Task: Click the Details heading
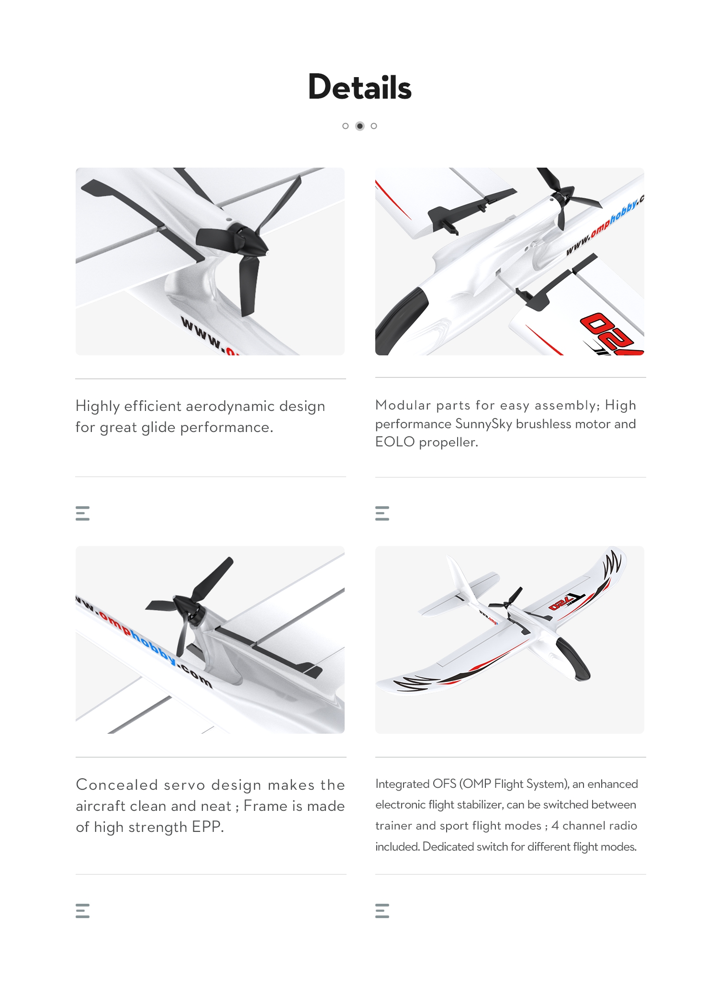click(x=359, y=87)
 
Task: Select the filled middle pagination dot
click(x=360, y=126)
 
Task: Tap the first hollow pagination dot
click(x=346, y=126)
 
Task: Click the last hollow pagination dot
click(x=374, y=126)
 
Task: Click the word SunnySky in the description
click(x=483, y=424)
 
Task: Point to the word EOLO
click(x=395, y=442)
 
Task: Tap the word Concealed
click(x=117, y=785)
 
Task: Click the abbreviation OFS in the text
click(x=444, y=784)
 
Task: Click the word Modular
click(x=403, y=405)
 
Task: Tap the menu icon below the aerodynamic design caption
click(x=83, y=513)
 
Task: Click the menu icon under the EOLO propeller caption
click(x=382, y=513)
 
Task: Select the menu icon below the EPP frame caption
click(x=83, y=910)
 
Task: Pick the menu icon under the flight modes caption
click(x=382, y=910)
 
